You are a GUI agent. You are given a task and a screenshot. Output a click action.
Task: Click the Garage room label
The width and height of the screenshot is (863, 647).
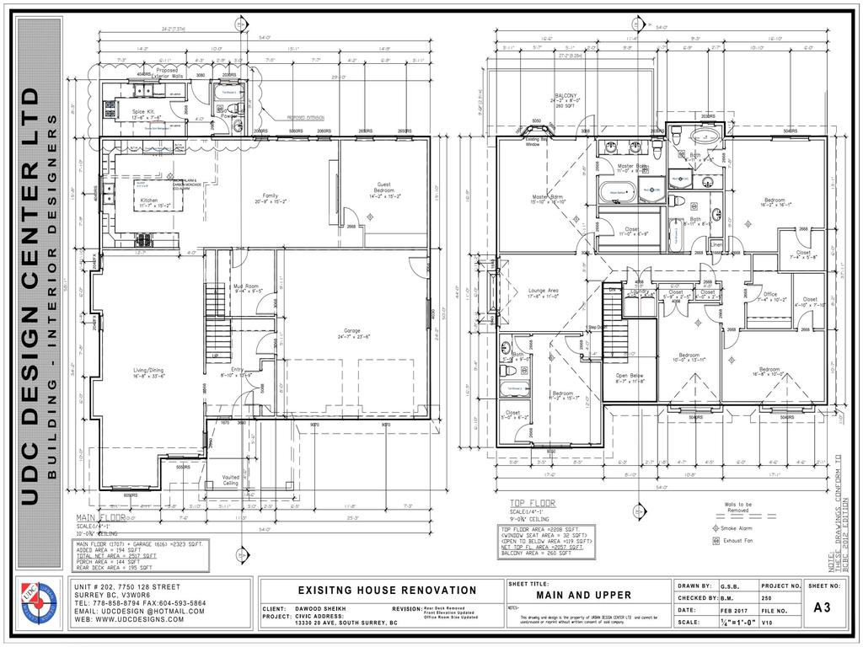352,333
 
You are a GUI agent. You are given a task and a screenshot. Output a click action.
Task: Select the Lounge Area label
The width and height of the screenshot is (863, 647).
544,291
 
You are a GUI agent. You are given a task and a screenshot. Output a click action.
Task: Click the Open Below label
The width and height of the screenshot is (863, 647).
630,376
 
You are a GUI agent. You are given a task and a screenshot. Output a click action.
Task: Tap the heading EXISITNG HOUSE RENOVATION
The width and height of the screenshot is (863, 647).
387,591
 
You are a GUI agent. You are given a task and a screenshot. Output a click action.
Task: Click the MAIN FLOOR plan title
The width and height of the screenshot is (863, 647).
100,517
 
